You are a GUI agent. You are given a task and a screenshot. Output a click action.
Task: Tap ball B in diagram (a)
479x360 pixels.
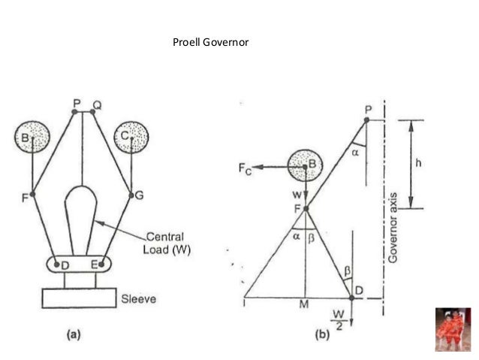[32, 138]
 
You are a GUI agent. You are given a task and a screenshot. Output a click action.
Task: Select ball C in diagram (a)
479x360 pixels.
[131, 138]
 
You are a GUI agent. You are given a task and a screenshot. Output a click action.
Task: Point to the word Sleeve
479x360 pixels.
[138, 298]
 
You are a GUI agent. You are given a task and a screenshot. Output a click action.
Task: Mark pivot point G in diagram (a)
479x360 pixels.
[131, 195]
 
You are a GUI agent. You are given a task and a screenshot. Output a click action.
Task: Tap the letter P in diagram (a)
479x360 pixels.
[76, 102]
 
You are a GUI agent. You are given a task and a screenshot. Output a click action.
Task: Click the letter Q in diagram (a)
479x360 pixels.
[96, 102]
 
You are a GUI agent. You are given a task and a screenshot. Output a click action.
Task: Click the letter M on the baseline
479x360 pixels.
[304, 305]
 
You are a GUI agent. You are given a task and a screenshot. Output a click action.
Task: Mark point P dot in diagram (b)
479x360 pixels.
[366, 119]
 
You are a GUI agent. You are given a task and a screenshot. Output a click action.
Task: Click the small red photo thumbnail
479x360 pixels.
[453, 328]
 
